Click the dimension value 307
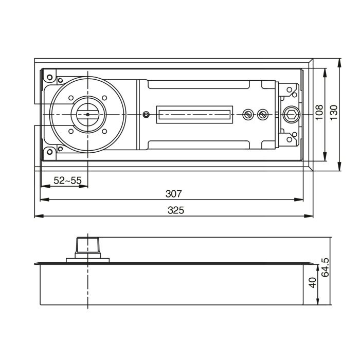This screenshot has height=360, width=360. point(173,193)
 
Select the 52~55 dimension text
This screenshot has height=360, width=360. point(67,181)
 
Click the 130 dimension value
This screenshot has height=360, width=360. point(333,113)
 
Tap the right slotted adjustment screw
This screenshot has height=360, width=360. point(263,114)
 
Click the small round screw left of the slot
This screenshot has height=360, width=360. point(147,114)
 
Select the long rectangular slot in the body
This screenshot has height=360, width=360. point(194,114)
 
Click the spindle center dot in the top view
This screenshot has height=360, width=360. point(87,114)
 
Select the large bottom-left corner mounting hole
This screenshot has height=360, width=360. point(50,151)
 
